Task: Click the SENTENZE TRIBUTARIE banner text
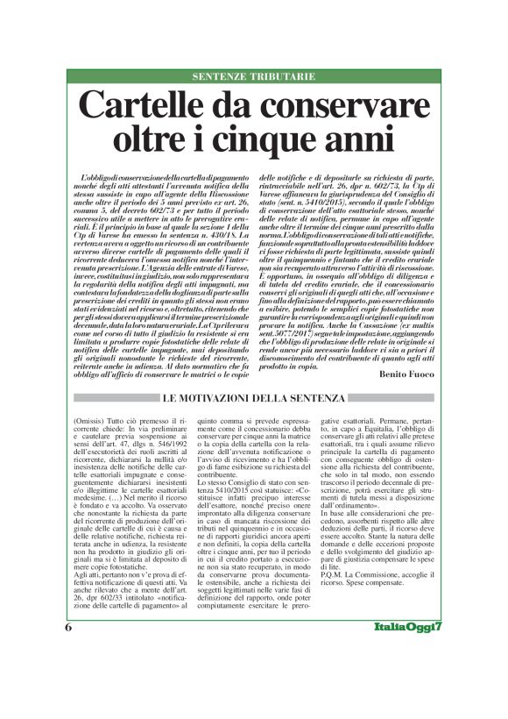(x=254, y=77)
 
